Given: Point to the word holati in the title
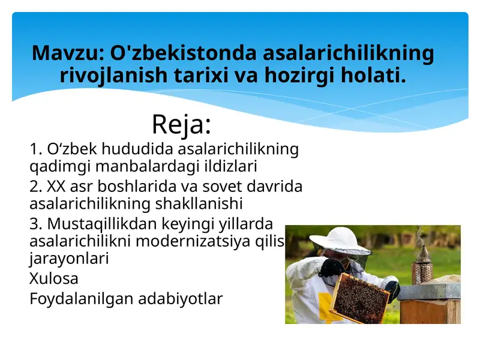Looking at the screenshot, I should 370,76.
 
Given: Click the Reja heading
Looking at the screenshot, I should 181,124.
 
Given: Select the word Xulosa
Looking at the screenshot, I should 53,278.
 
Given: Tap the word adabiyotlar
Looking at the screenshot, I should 180,298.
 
